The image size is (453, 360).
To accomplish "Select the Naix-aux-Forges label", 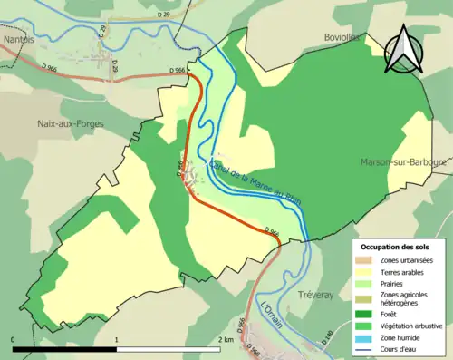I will click(71, 123).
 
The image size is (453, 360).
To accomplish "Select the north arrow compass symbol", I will click(401, 50).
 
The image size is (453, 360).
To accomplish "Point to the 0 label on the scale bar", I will click(14, 339).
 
